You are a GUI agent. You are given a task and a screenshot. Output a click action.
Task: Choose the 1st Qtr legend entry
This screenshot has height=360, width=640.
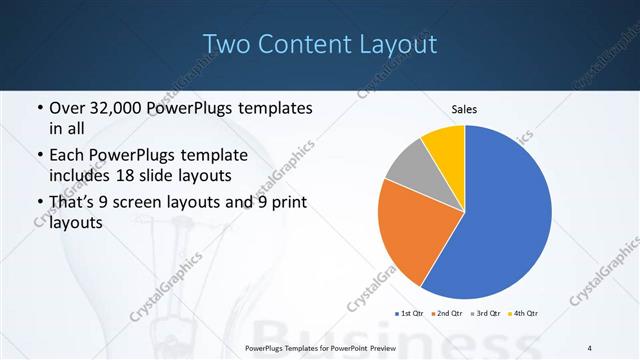410,314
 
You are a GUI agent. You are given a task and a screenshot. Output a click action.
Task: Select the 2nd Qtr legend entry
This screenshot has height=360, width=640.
447,314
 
